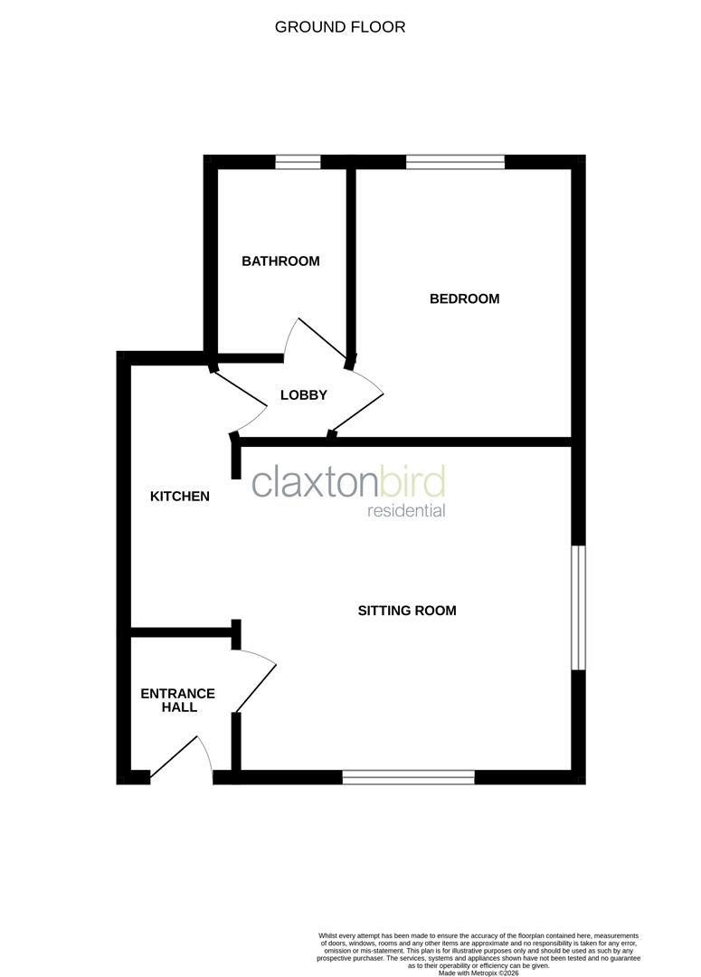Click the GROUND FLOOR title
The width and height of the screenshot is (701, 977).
340,27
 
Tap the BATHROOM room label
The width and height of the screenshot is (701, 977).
280,261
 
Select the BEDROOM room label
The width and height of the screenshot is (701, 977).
464,299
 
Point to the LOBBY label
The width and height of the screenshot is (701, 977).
303,395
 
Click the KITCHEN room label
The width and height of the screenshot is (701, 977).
180,496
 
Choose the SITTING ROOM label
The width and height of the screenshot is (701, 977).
407,611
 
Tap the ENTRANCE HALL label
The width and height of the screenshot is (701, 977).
177,700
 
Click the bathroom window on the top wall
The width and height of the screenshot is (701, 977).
298,163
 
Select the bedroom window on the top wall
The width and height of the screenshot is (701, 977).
455,163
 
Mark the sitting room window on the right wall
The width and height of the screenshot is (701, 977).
578,607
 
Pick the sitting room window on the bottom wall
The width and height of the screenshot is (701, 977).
409,776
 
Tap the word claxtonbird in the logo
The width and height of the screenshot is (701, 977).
348,482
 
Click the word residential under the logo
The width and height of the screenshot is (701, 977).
406,511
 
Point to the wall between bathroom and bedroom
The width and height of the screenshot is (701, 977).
351,258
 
